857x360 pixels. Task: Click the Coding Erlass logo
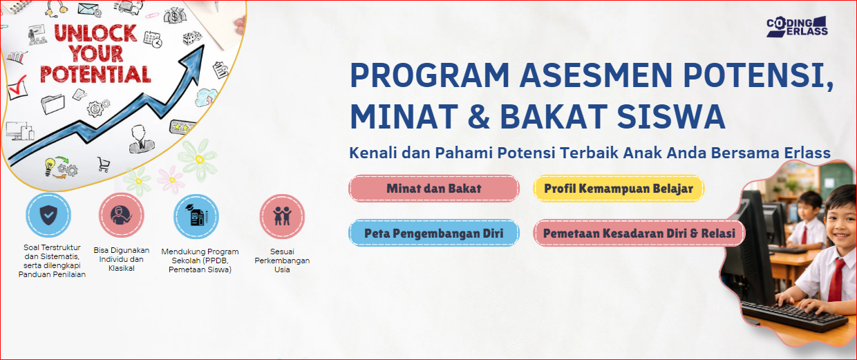(x=797, y=27)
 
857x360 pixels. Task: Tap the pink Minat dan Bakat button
(x=434, y=188)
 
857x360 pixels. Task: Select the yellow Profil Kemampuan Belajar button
(x=619, y=188)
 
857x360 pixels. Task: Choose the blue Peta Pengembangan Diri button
(x=434, y=233)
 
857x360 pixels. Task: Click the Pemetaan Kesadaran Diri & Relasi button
(x=639, y=233)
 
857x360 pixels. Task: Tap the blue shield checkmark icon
(x=48, y=216)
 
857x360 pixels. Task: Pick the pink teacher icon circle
(x=122, y=216)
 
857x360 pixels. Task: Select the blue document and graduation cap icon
(x=196, y=216)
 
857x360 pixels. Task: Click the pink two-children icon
(x=283, y=216)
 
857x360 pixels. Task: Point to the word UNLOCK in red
(x=95, y=33)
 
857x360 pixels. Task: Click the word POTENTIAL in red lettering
(x=95, y=74)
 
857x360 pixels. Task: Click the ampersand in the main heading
(x=479, y=116)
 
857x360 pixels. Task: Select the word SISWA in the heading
(x=671, y=116)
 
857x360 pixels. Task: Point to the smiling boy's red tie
(x=836, y=279)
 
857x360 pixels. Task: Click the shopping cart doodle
(x=103, y=164)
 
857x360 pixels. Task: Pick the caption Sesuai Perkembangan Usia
(x=282, y=260)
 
